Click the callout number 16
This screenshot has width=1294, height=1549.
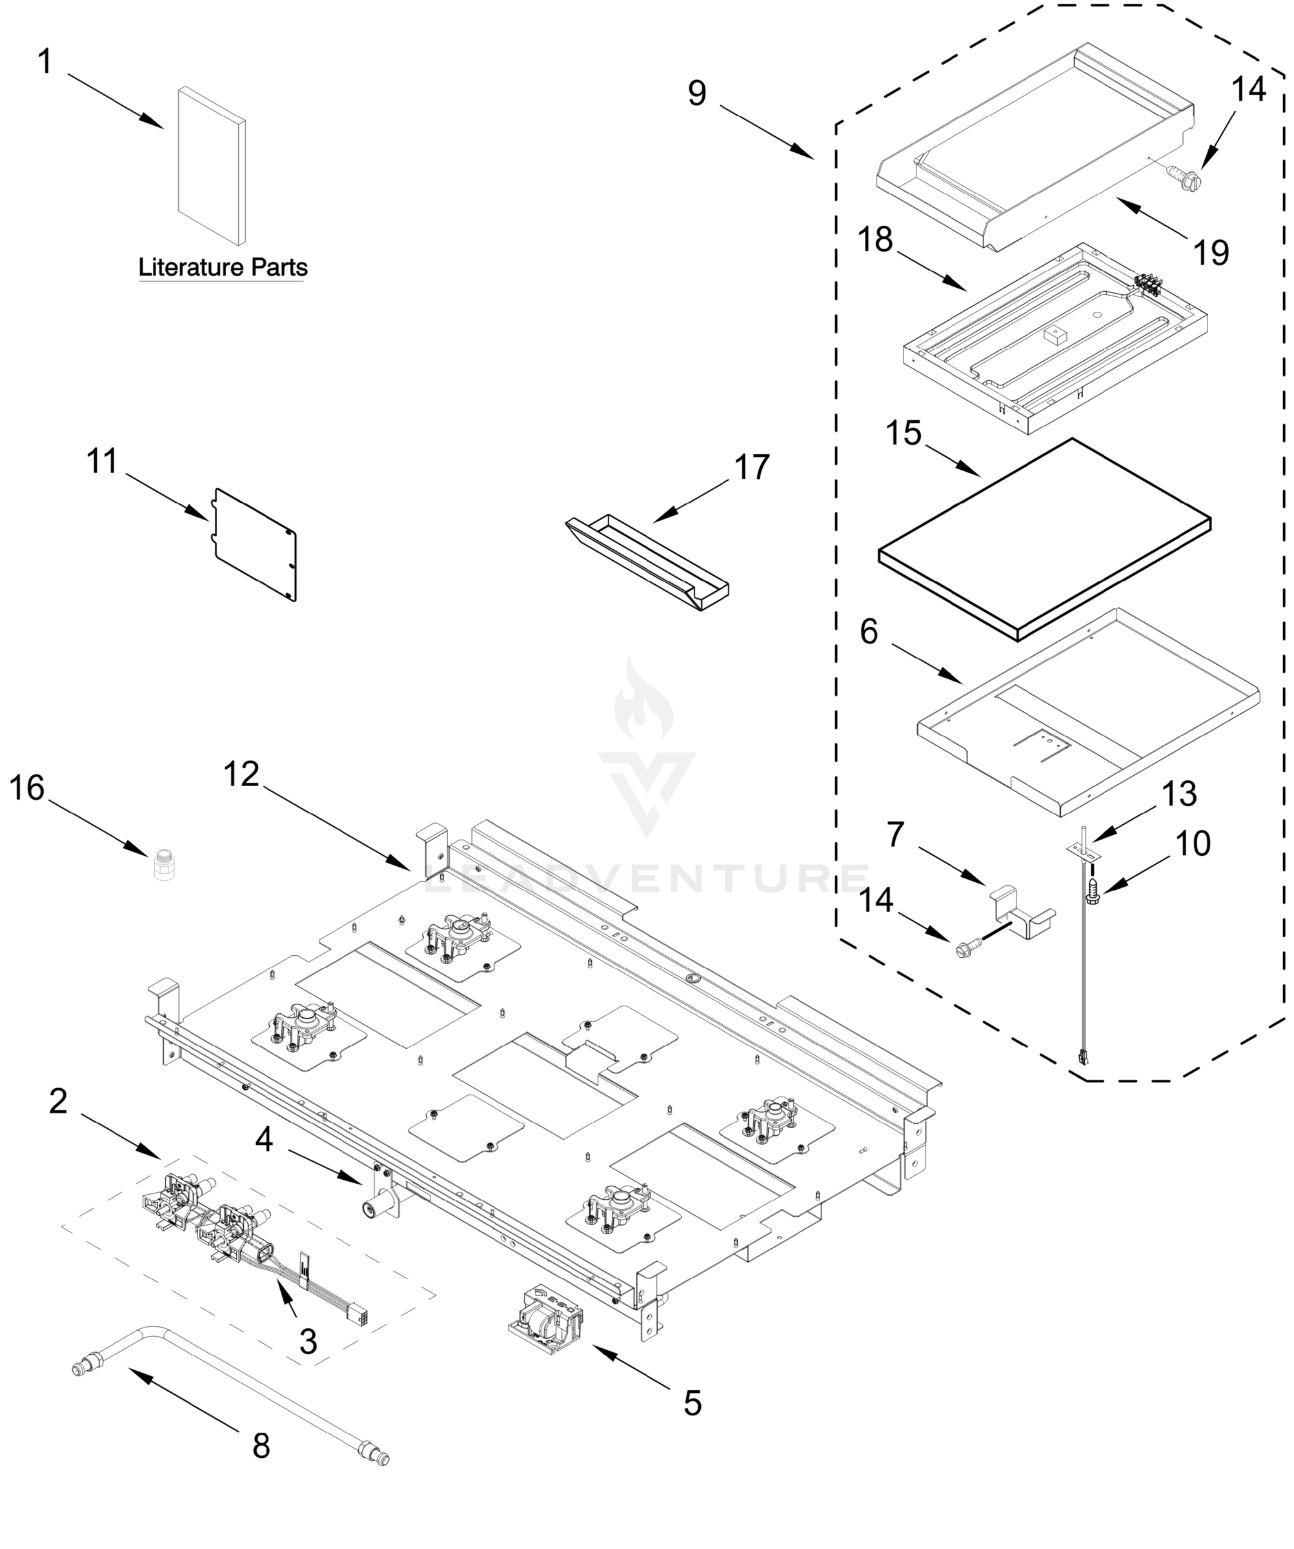26,789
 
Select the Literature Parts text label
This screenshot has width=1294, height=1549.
223,267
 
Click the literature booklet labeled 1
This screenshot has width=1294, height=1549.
211,166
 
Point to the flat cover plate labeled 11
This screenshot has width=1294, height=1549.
254,543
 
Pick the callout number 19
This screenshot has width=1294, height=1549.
1211,253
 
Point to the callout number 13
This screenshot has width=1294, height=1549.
1179,794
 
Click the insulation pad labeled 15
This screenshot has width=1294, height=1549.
1044,539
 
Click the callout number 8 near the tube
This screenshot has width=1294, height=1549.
261,1446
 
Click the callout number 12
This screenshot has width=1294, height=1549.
242,774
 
